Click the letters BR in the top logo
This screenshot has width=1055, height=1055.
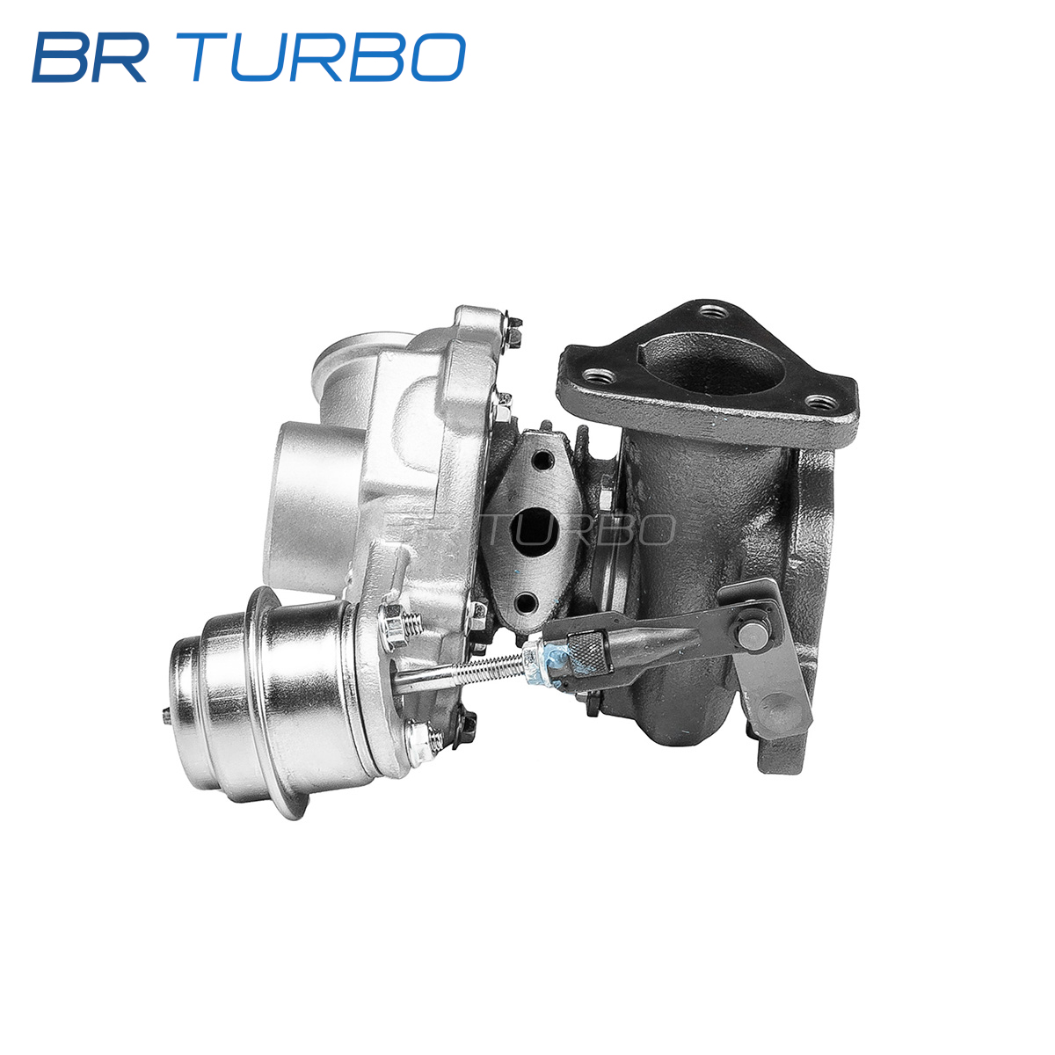[90, 57]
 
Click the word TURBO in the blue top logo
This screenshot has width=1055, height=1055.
[328, 57]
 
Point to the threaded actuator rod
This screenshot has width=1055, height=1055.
[462, 672]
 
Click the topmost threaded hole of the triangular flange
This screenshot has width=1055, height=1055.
[714, 313]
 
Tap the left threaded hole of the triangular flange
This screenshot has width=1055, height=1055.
[599, 375]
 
